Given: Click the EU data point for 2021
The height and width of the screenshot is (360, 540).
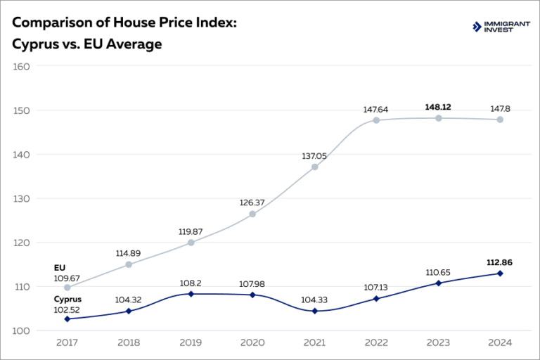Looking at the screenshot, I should coord(314,167).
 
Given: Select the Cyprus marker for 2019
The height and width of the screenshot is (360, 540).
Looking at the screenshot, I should coord(191,294).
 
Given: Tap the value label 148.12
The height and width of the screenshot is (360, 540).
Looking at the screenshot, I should coord(438,107).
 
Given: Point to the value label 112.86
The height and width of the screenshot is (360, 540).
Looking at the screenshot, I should coord(500,262).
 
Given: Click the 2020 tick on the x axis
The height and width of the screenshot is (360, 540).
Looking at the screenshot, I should coord(252,342).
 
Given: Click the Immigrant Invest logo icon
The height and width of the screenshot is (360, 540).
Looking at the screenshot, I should coord(477,27).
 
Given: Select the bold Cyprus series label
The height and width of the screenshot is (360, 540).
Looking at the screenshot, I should coord(67,299).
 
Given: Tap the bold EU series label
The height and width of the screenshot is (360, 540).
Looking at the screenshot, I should coord(59,268).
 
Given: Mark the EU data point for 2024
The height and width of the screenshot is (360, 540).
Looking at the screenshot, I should coord(500,120).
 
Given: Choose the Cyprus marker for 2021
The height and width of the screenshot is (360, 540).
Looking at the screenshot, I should coord(314,311).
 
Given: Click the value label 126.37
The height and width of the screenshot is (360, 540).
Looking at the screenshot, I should coord(252,202).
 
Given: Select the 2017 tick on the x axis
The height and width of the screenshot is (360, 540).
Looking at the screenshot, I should coord(67,342).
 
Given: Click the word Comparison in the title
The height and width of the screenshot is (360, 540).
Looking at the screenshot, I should coord(51,22).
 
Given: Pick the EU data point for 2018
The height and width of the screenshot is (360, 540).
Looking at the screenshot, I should coord(129,264).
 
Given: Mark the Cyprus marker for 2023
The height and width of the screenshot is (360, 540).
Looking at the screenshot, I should coord(438,283).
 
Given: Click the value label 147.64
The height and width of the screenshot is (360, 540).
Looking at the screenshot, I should coord(376,109).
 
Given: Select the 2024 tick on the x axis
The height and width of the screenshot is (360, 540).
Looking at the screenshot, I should coord(500,342).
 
